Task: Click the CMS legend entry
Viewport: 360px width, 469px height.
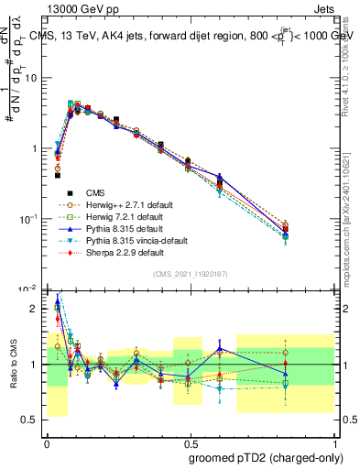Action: [x=95, y=192]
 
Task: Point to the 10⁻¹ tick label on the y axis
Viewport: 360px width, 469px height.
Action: [x=31, y=219]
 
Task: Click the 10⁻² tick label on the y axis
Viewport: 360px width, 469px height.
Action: [x=31, y=289]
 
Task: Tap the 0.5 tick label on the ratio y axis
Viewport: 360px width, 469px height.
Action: [x=33, y=420]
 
